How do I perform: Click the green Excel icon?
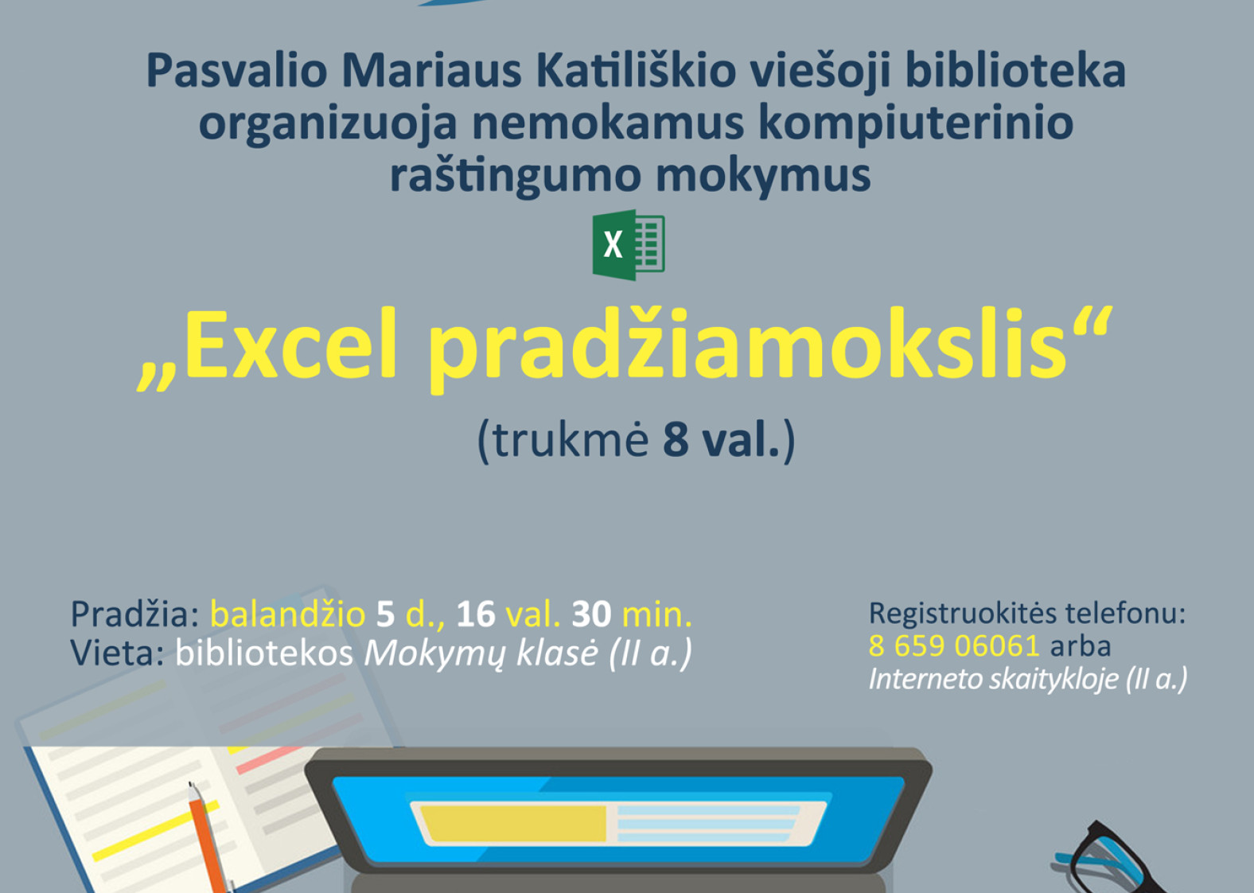(629, 244)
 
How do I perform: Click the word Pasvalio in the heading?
(237, 71)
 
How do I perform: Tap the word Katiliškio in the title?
(636, 71)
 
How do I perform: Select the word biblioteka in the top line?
(1015, 71)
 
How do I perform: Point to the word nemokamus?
(608, 123)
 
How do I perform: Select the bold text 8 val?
(722, 440)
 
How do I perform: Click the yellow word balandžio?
(287, 614)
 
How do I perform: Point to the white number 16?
(476, 614)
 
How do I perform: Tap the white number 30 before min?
(591, 614)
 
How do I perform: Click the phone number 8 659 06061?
(954, 645)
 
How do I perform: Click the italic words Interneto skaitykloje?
(993, 679)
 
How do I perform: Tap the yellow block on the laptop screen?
(513, 823)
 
